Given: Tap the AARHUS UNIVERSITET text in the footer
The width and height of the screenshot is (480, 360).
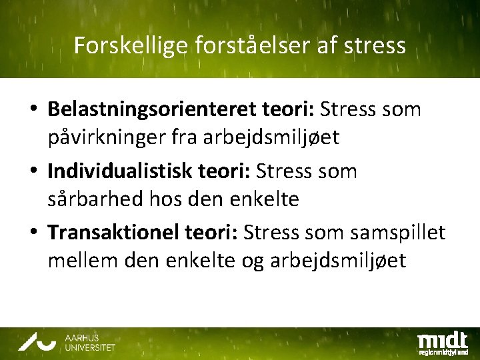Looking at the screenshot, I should click(x=90, y=343).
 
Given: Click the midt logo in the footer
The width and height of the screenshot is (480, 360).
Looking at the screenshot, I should click(x=442, y=337).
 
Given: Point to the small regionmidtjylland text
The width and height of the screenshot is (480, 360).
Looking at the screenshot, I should click(x=443, y=351).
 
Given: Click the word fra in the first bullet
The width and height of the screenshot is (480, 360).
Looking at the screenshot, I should click(x=205, y=137).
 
